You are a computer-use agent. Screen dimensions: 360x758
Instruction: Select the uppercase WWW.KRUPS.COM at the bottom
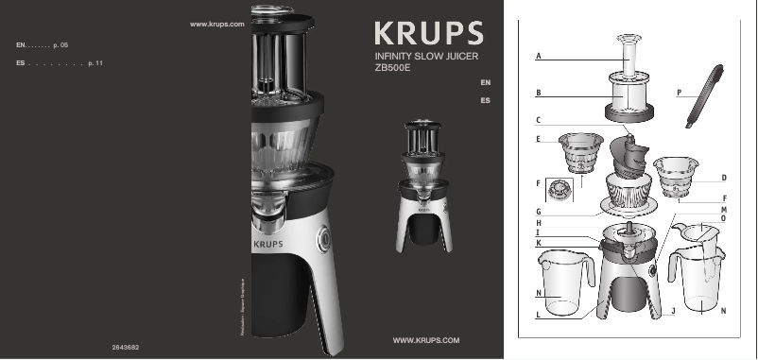[x=425, y=339]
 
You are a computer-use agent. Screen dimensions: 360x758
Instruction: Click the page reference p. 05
[x=61, y=44]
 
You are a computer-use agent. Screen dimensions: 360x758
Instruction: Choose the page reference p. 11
[x=95, y=62]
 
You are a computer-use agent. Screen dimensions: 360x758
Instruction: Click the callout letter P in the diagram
[x=679, y=93]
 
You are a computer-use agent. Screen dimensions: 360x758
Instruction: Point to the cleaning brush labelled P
[x=704, y=94]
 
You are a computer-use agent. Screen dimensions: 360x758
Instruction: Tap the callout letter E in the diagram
[x=538, y=140]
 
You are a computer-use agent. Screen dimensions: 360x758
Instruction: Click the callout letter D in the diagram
[x=723, y=177]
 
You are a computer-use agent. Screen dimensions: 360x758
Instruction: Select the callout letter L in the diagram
[x=538, y=315]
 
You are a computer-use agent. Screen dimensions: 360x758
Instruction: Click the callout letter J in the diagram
[x=672, y=310]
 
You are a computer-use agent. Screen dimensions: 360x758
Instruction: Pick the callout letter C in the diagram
[x=538, y=120]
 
